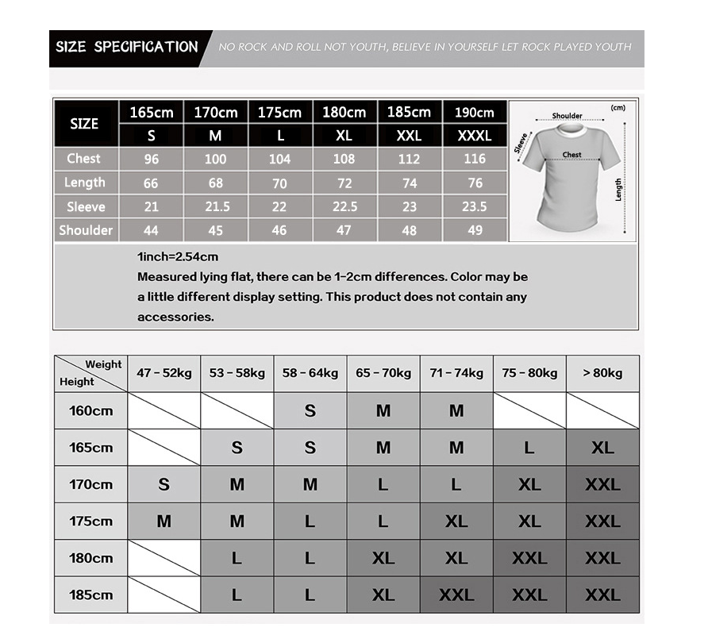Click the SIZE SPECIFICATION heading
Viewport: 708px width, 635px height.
click(126, 47)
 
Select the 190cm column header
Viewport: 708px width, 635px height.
click(474, 113)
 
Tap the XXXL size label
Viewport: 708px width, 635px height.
click(474, 136)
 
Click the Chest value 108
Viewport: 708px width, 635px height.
click(344, 159)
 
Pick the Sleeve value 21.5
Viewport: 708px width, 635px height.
click(216, 206)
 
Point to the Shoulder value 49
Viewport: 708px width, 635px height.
click(474, 230)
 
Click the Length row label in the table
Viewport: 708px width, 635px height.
click(85, 183)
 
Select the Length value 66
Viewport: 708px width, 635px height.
click(151, 183)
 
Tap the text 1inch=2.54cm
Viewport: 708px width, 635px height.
click(178, 256)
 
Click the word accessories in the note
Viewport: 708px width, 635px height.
click(175, 317)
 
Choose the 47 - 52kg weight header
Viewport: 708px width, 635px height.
click(164, 373)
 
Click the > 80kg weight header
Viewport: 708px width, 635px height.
click(602, 373)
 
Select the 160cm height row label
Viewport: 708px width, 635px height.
click(91, 411)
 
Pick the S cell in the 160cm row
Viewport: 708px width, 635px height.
click(310, 411)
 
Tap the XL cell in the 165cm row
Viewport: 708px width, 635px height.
click(602, 448)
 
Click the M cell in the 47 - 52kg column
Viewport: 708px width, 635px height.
click(164, 521)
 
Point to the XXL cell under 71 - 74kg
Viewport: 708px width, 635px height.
click(456, 595)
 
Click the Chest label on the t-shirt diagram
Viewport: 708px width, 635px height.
click(571, 155)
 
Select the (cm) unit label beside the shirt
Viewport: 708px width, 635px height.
click(618, 108)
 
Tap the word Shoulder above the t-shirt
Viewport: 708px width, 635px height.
click(567, 116)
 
